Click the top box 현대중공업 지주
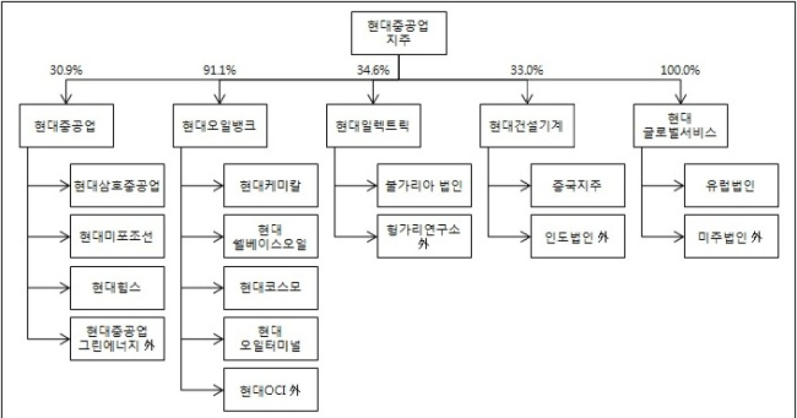click(398, 34)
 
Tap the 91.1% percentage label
click(219, 70)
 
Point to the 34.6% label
click(373, 70)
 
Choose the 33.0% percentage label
click(527, 70)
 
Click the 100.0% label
click(680, 70)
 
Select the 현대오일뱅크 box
click(221, 125)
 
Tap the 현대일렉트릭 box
click(374, 125)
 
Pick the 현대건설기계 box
click(527, 125)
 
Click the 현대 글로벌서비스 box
click(681, 125)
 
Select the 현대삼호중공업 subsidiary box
click(118, 184)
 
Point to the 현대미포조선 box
click(118, 236)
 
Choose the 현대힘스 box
click(118, 287)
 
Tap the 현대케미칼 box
click(270, 184)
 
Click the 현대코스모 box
click(270, 287)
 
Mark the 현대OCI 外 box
click(270, 390)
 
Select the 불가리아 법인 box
click(424, 184)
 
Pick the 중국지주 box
click(577, 184)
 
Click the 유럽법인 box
click(731, 184)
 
